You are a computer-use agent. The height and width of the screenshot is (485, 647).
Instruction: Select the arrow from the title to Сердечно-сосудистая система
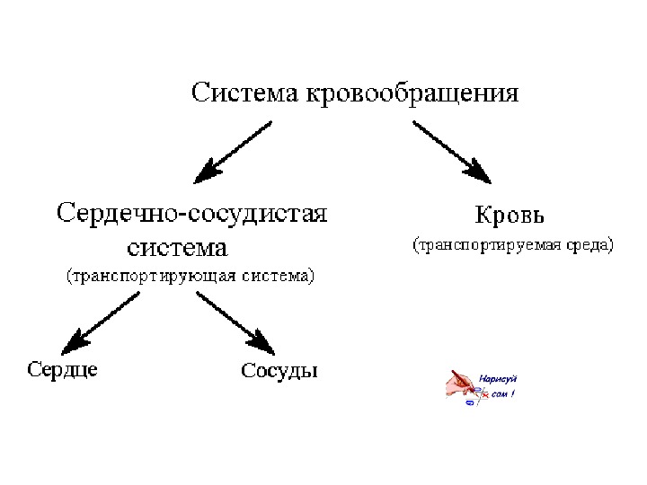pyautogui.click(x=235, y=149)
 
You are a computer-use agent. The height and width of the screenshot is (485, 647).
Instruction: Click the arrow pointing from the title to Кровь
pyautogui.click(x=451, y=149)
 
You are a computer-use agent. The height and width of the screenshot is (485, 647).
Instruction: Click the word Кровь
pyautogui.click(x=510, y=216)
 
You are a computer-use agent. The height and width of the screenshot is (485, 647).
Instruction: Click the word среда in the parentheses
pyautogui.click(x=588, y=244)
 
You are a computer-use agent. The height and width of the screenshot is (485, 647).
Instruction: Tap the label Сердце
pyautogui.click(x=63, y=369)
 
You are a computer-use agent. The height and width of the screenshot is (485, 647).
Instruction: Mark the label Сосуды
pyautogui.click(x=279, y=370)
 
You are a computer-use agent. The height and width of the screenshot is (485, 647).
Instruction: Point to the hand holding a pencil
pyautogui.click(x=464, y=384)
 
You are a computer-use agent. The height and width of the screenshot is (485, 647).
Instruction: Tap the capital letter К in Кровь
pyautogui.click(x=483, y=216)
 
